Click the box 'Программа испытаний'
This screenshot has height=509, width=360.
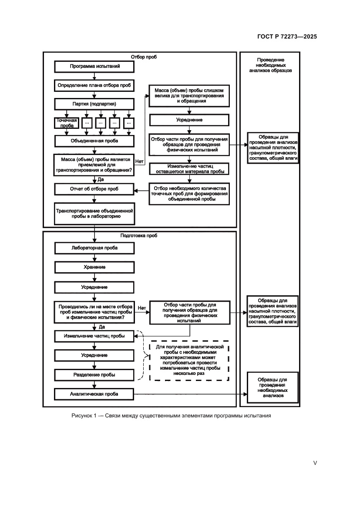click(x=94, y=67)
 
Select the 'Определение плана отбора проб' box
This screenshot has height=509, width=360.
click(x=94, y=85)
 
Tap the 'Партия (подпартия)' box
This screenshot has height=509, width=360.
click(x=94, y=104)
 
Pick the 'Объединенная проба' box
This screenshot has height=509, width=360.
click(x=94, y=141)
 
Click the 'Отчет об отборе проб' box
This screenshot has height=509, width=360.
click(x=94, y=189)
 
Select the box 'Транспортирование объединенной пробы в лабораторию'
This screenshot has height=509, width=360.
click(x=94, y=213)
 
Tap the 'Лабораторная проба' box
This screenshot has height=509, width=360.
click(x=94, y=248)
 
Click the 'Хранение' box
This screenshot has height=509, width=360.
click(x=94, y=267)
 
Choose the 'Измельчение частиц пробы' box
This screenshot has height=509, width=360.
click(x=94, y=337)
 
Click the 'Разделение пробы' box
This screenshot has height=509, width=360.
click(x=94, y=374)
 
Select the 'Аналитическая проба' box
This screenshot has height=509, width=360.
click(x=94, y=394)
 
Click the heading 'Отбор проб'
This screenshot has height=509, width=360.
click(x=143, y=57)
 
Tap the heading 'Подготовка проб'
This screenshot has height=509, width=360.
click(x=139, y=236)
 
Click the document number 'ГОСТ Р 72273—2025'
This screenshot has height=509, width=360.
click(x=284, y=37)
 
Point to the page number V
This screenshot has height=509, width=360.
click(x=315, y=463)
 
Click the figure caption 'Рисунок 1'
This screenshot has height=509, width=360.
click(x=171, y=415)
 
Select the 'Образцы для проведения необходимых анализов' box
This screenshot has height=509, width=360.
click(x=273, y=385)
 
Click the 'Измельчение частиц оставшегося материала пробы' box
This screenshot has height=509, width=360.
click(x=189, y=169)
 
